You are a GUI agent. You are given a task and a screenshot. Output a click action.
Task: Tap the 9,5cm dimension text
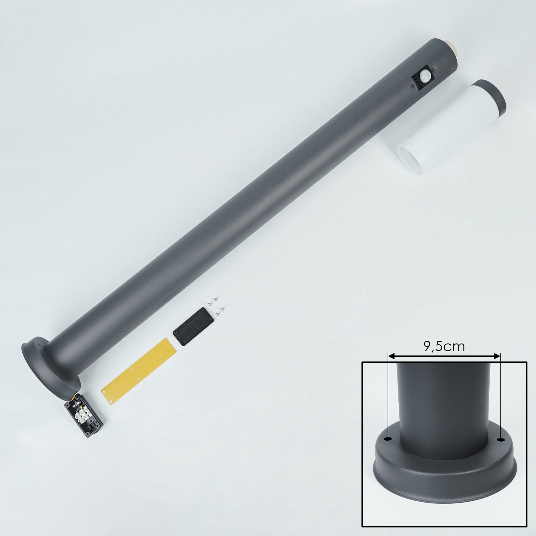coord(444,346)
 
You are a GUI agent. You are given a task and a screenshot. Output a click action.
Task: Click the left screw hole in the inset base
coord(388,439)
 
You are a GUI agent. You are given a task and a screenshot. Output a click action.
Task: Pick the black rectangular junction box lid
coord(193,326)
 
